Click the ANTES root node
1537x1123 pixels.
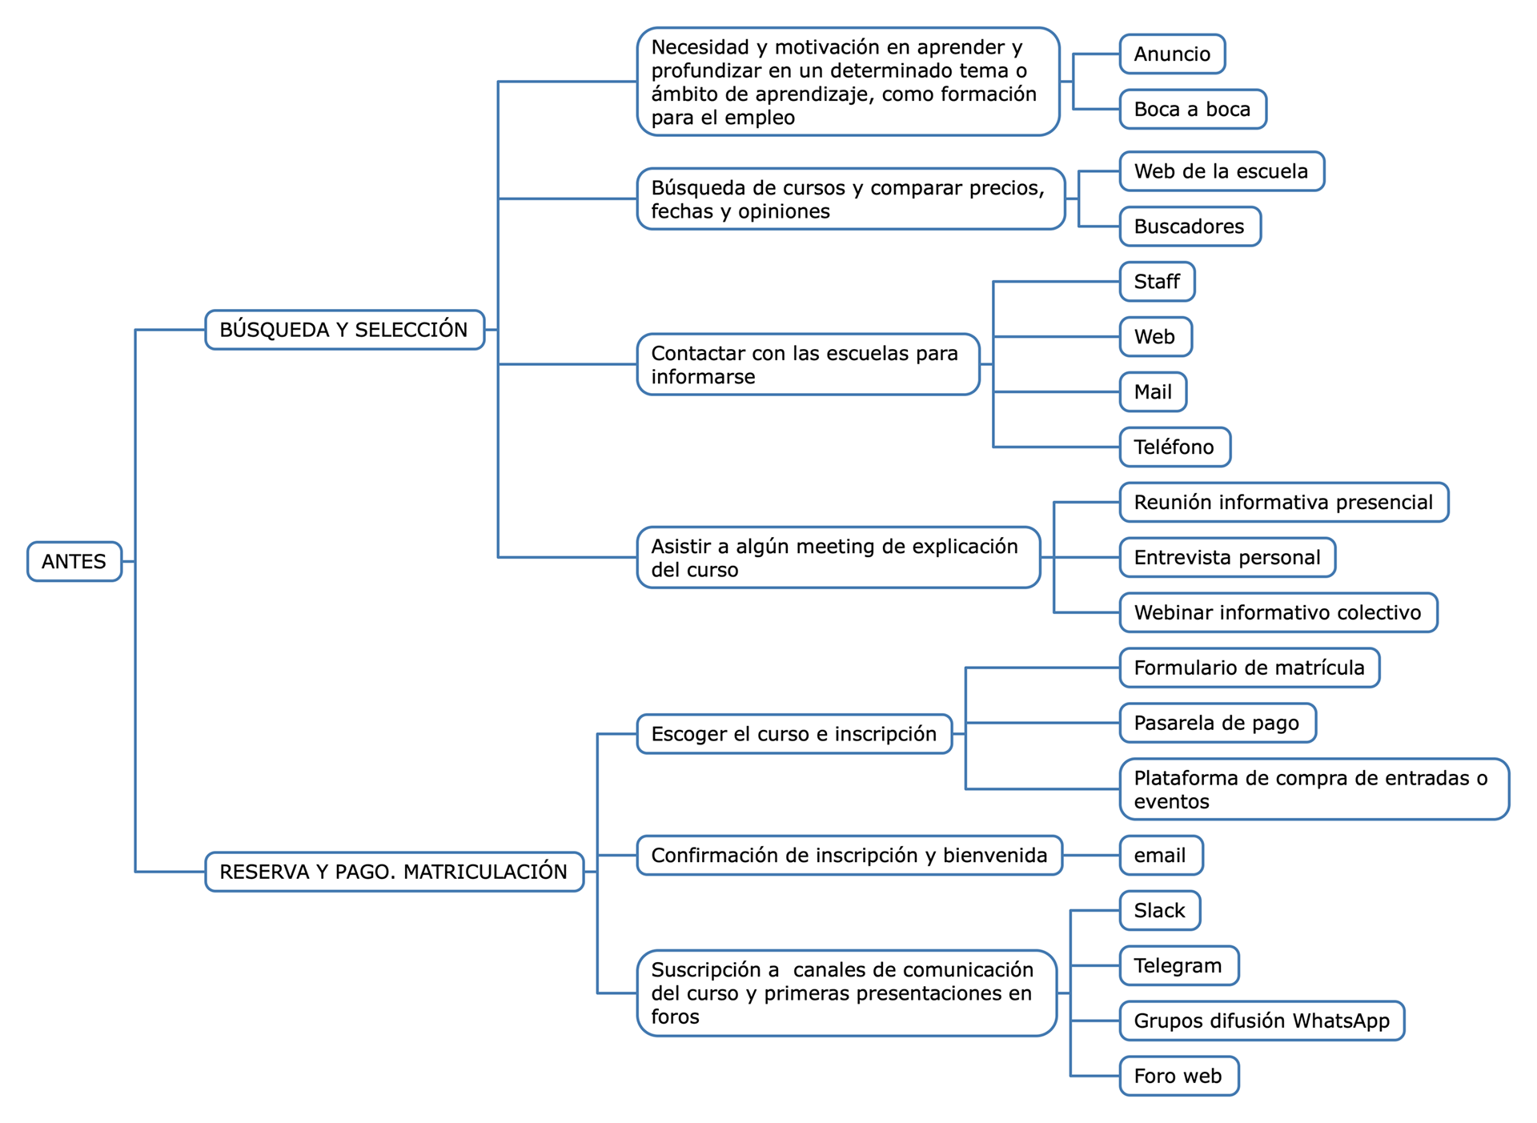tap(74, 561)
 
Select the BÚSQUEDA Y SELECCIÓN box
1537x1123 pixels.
tap(345, 330)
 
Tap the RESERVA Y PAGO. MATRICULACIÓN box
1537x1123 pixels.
tap(395, 872)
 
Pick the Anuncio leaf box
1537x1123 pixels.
tap(1172, 54)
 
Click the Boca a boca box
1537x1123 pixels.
tap(1193, 109)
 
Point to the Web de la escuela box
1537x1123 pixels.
tap(1222, 171)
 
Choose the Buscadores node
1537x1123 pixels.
tap(1190, 227)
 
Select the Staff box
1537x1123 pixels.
tap(1157, 282)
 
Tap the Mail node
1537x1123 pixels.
tap(1153, 392)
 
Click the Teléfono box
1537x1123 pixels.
tap(1174, 447)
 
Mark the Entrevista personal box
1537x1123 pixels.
tap(1227, 557)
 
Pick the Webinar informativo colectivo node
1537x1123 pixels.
tap(1278, 612)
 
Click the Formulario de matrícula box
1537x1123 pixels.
tap(1250, 668)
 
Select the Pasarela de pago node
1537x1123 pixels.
tap(1218, 723)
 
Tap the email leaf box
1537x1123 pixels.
tap(1161, 856)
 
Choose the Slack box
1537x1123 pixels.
tap(1160, 911)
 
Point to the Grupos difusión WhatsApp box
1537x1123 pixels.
tap(1262, 1021)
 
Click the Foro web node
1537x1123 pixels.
tap(1179, 1076)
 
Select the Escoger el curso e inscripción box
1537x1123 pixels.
tap(795, 734)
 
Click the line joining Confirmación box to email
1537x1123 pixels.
tap(1091, 856)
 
